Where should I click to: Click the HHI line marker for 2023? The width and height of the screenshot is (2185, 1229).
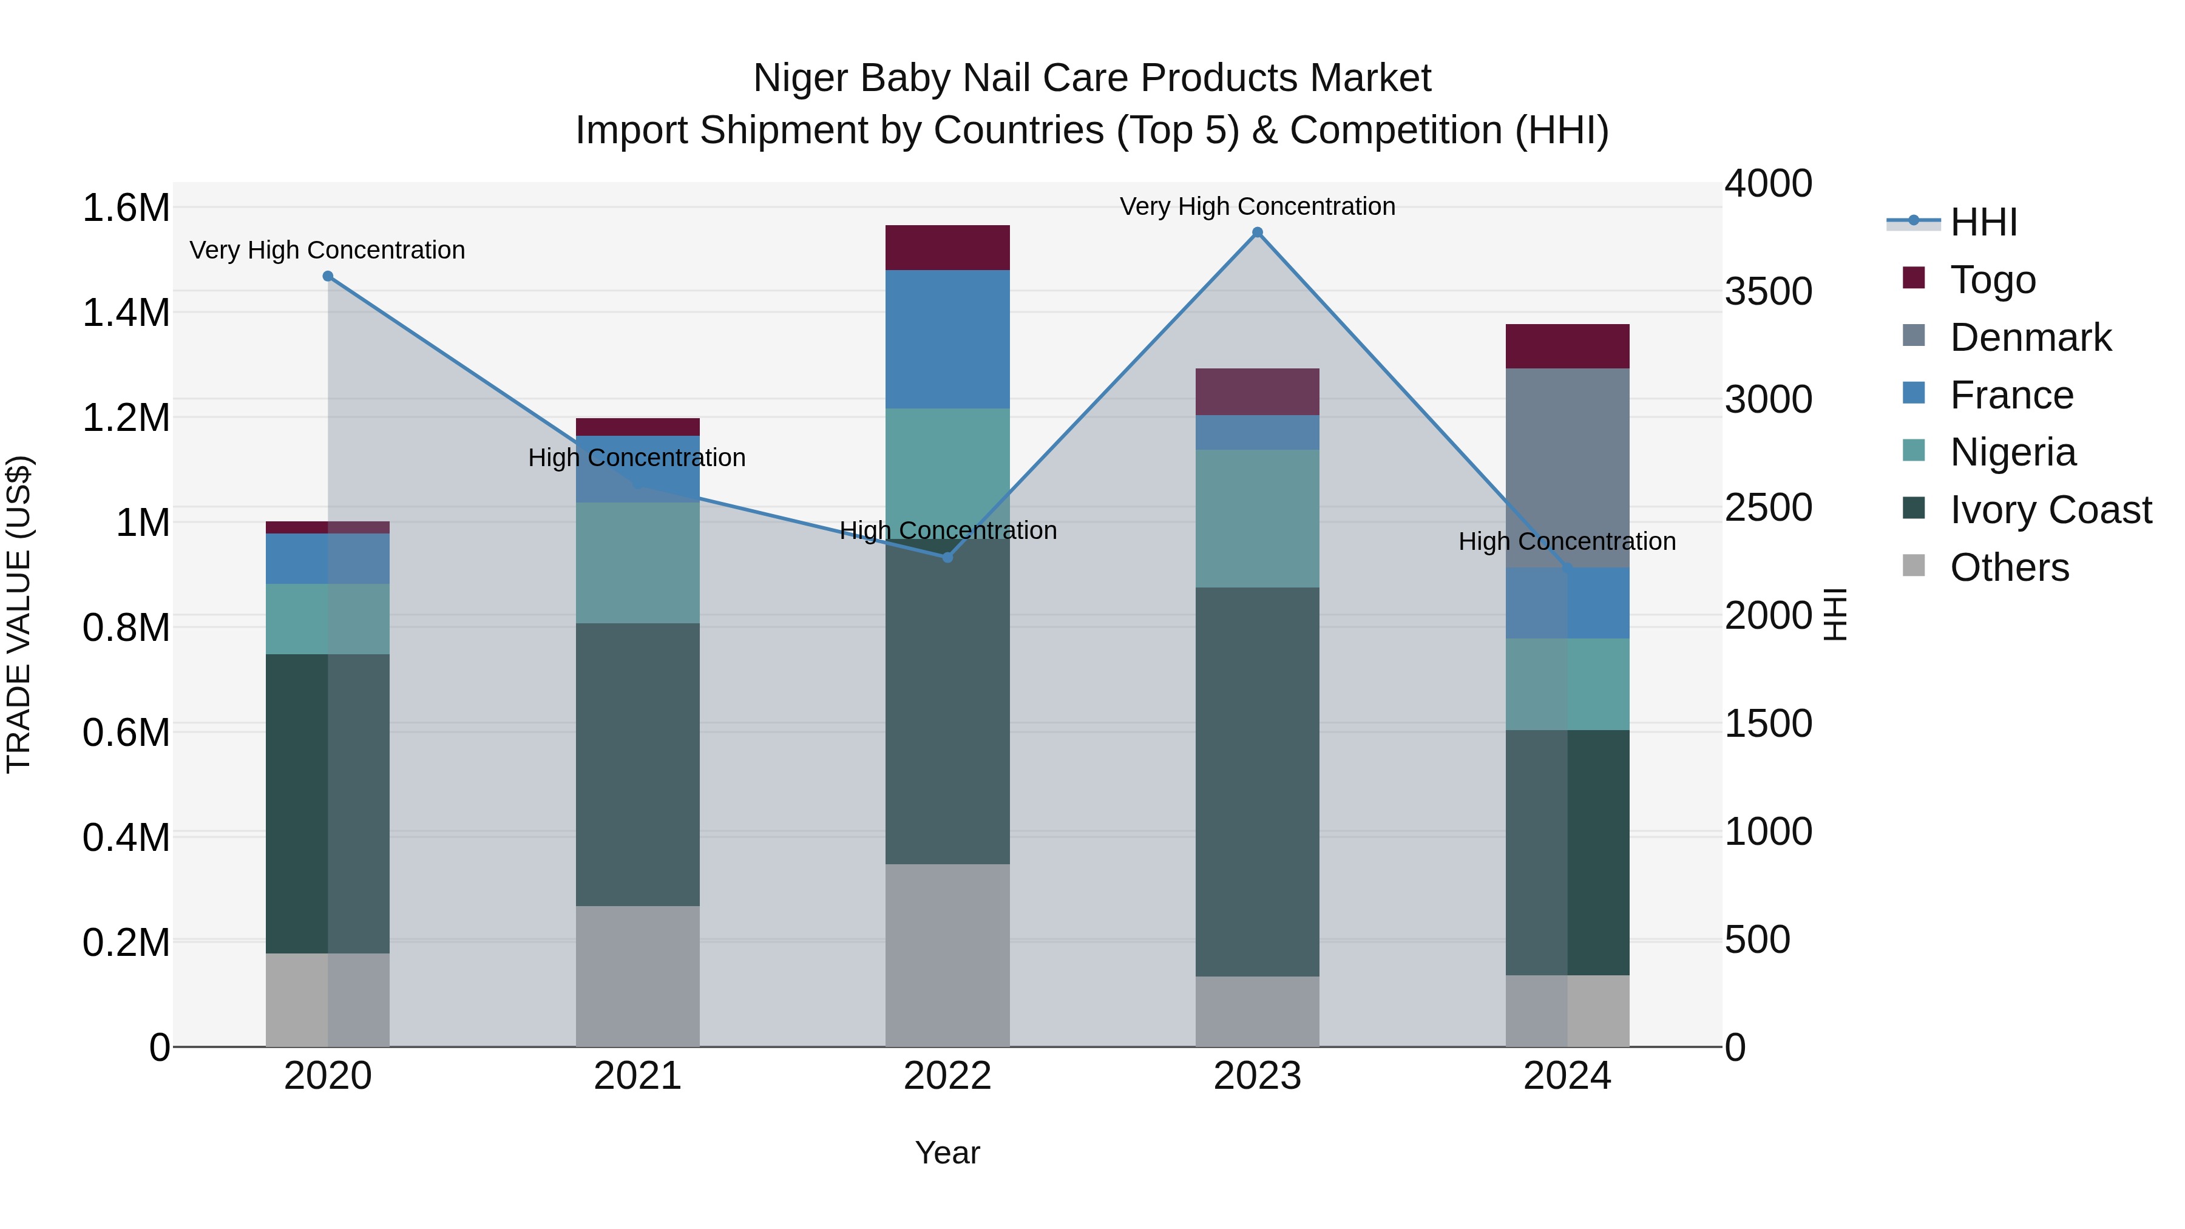(1257, 232)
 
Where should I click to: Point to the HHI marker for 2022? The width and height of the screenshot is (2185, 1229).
(947, 557)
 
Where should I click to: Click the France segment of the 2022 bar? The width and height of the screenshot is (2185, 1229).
(947, 339)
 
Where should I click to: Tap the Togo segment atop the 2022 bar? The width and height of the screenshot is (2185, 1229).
(947, 248)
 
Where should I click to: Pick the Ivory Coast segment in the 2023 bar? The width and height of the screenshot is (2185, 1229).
(1257, 780)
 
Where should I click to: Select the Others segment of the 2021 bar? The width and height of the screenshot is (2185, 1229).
(637, 975)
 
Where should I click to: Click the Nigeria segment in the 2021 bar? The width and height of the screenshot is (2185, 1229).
(637, 563)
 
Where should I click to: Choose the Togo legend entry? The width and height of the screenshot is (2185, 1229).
(1991, 280)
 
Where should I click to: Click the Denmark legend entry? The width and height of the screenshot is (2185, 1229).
(2030, 337)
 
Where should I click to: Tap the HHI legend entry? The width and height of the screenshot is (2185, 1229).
(1983, 222)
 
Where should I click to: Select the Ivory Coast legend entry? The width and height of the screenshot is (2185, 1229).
(2049, 510)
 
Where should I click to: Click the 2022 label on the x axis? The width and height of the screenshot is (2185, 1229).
(947, 1076)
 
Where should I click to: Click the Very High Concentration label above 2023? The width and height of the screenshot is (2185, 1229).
(1257, 206)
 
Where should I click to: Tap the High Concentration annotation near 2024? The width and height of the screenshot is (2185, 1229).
(1567, 541)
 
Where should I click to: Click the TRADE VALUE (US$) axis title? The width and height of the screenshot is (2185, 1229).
(19, 614)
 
